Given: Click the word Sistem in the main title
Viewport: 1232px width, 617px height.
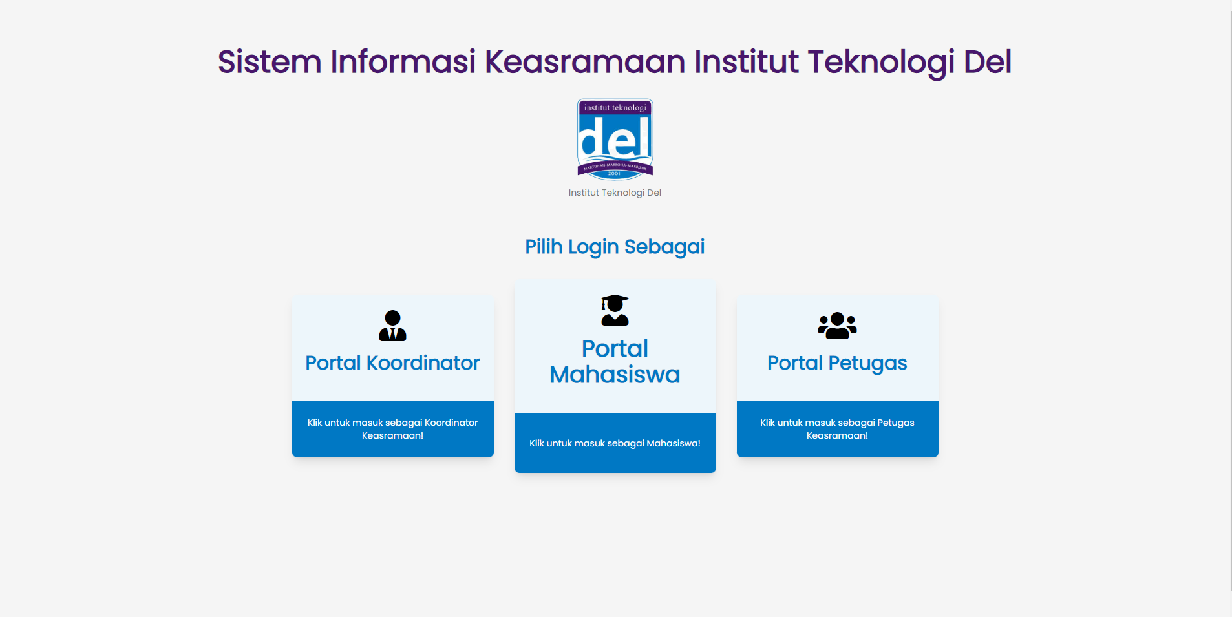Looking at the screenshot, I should pos(270,62).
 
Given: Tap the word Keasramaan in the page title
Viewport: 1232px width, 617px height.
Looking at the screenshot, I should pos(584,62).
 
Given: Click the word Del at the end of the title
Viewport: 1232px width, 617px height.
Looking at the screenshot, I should pos(987,62).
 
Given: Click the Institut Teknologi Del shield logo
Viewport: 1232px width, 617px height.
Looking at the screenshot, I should pos(615,139).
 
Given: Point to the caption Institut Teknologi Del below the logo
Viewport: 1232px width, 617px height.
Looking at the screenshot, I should pos(615,193).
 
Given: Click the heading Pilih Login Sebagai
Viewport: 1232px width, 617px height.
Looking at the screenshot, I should pos(615,247).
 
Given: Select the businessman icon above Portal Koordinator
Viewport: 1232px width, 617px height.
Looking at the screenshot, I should pos(392,326).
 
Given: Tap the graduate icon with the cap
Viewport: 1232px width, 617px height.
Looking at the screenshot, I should pos(615,310).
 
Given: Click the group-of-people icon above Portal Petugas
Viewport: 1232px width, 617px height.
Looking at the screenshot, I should pos(837,326).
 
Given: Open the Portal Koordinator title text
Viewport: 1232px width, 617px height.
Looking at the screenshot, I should pos(392,363).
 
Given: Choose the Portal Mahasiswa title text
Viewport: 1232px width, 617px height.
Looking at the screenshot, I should pos(615,362).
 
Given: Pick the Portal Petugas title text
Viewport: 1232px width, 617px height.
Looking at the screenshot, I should pos(837,363).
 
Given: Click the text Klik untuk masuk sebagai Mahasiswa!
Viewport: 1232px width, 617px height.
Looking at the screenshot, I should pos(615,443).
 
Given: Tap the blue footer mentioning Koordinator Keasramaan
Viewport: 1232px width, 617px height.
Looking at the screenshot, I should pos(392,429).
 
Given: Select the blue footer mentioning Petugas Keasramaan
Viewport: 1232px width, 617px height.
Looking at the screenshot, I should pos(837,429).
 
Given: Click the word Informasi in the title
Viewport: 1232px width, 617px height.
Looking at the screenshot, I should pos(403,62).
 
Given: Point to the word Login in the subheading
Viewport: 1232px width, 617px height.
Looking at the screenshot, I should pos(593,247).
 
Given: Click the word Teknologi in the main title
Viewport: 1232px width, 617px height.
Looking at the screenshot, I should pos(881,62).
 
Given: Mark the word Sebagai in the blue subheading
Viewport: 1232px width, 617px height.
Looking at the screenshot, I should pos(664,247).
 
